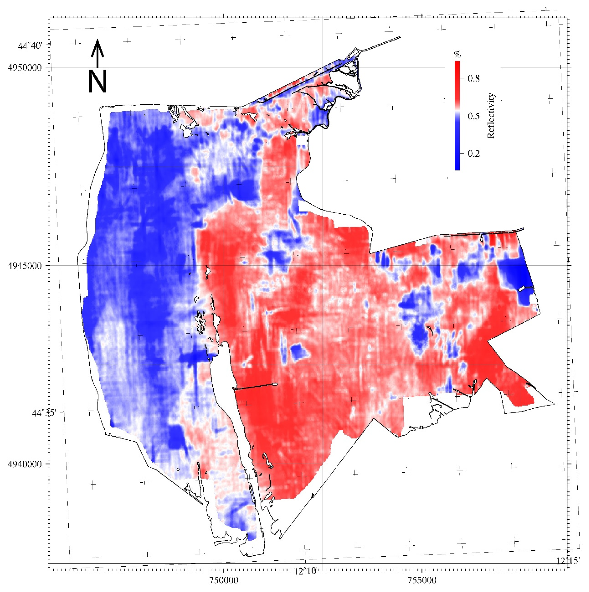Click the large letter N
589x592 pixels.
[97, 81]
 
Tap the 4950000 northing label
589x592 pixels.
[25, 67]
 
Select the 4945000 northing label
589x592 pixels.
[25, 266]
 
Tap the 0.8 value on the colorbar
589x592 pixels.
[474, 79]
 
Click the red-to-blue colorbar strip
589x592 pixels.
[457, 116]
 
